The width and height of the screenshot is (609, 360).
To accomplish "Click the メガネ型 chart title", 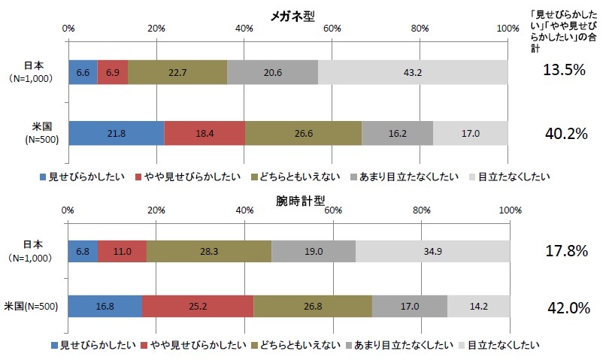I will pyautogui.click(x=287, y=17).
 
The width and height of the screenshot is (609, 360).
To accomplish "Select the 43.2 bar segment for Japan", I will pyautogui.click(x=413, y=72).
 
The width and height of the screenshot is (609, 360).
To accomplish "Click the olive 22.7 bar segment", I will pyautogui.click(x=177, y=72).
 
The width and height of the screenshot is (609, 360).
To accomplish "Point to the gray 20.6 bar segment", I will pyautogui.click(x=273, y=72).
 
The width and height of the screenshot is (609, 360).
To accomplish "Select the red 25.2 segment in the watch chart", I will pyautogui.click(x=198, y=307).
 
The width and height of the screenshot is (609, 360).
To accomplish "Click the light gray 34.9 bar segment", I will pyautogui.click(x=433, y=251).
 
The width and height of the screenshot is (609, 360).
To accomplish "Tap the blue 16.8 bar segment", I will pyautogui.click(x=105, y=307).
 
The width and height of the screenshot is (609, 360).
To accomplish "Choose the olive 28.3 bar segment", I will pyautogui.click(x=209, y=251).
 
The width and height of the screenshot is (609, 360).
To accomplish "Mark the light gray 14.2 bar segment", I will pyautogui.click(x=479, y=307).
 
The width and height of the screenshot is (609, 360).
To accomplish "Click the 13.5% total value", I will pyautogui.click(x=564, y=71).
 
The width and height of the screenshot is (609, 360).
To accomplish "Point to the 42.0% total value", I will pyautogui.click(x=564, y=307).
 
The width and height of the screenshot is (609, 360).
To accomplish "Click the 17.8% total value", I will pyautogui.click(x=564, y=251).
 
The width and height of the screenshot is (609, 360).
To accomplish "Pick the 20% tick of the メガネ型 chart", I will pyautogui.click(x=156, y=28).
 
